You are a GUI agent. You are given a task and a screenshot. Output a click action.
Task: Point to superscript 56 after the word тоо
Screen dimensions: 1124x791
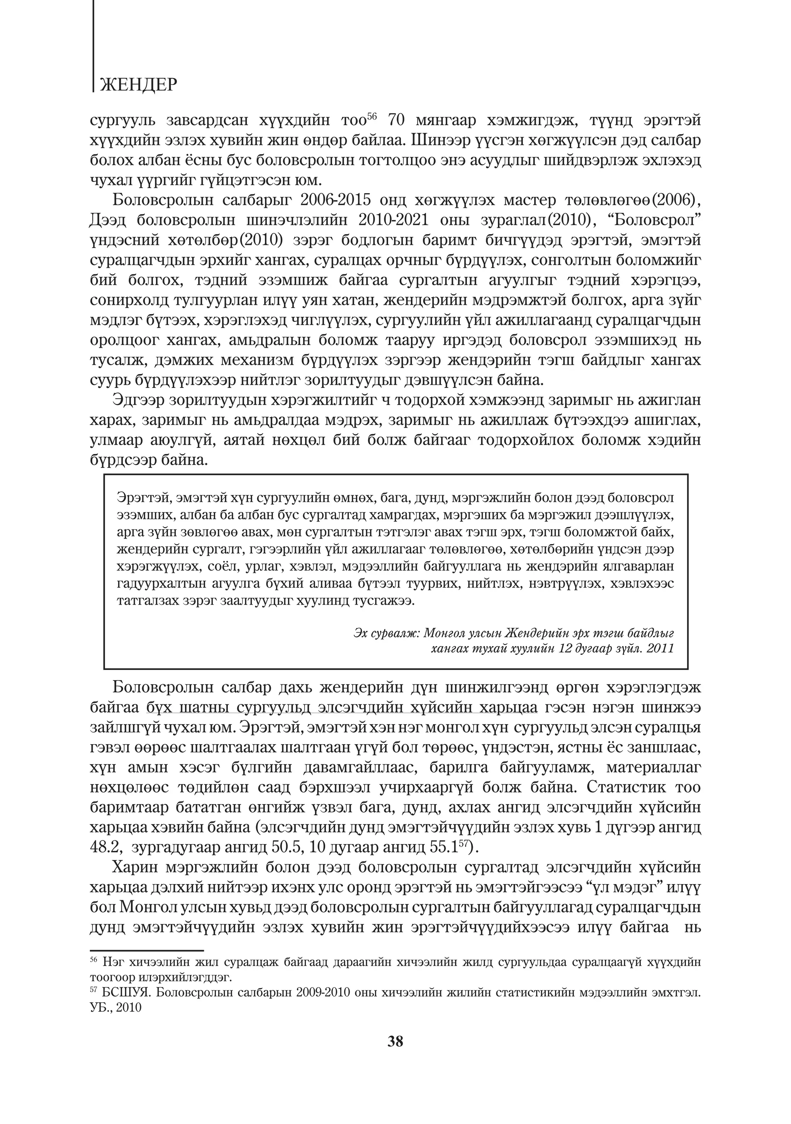(372, 116)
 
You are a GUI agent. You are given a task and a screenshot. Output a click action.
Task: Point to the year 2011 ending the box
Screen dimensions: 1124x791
(660, 649)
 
